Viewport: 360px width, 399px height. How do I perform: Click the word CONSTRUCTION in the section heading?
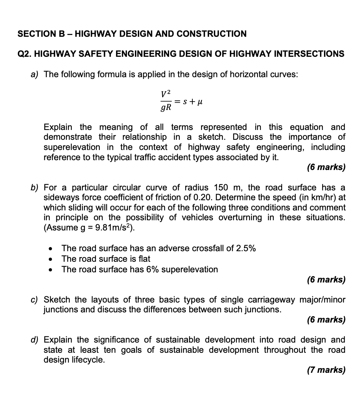click(211, 34)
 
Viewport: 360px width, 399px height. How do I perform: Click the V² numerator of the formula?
click(165, 94)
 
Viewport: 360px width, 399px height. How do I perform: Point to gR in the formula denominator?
click(165, 108)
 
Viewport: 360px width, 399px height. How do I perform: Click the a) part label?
click(35, 75)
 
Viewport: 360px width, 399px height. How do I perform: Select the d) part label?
click(35, 340)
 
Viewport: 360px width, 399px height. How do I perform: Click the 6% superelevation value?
click(151, 269)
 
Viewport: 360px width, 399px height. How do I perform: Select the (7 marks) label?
click(326, 370)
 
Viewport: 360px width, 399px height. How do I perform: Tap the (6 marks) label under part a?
click(326, 167)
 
